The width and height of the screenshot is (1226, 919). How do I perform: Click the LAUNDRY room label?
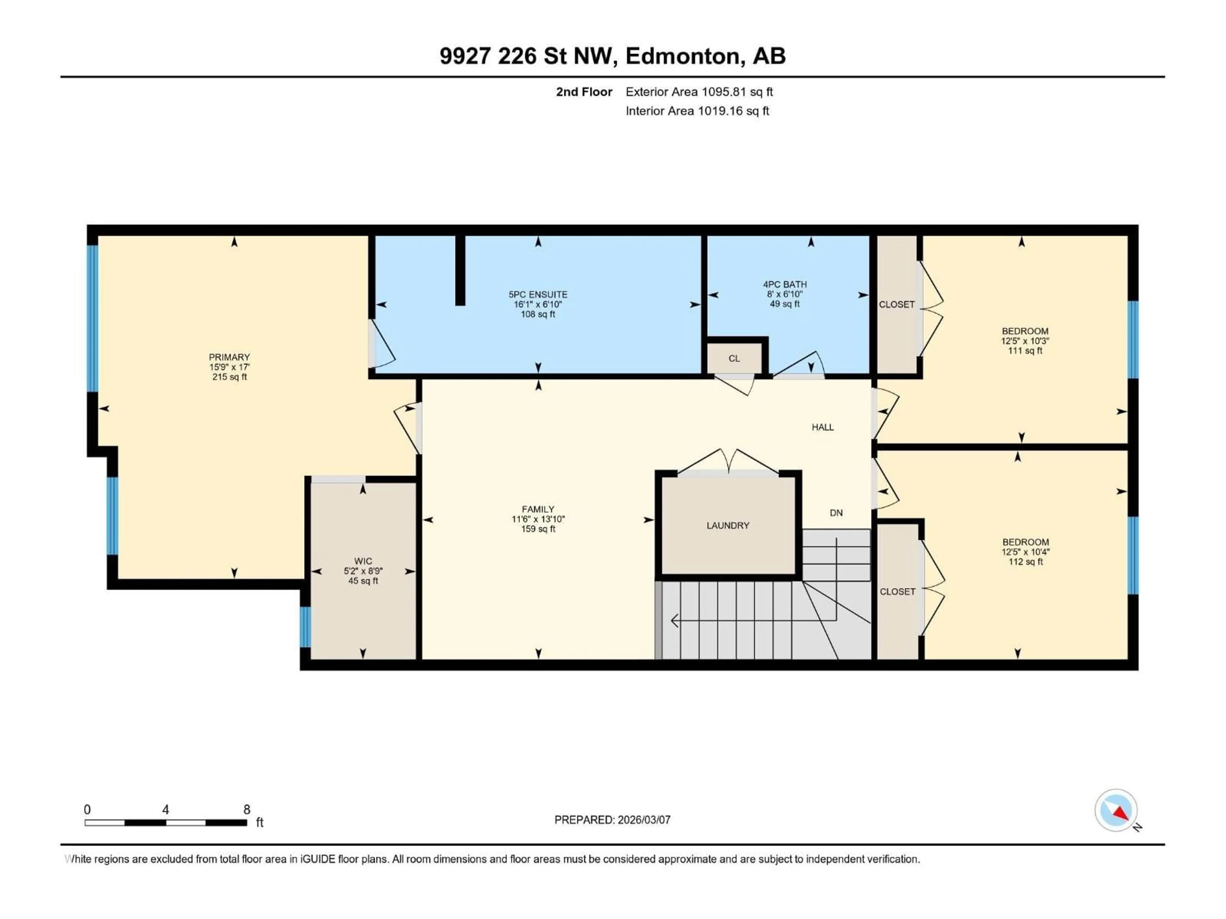[728, 525]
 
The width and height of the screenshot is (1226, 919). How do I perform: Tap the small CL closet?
[734, 358]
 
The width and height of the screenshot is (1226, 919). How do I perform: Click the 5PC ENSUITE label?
[538, 295]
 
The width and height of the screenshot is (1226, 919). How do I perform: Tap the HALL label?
[822, 427]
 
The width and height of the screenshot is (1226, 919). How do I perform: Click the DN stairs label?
[836, 513]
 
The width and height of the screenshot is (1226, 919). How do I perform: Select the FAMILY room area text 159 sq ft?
[538, 529]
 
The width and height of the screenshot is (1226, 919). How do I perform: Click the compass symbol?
[1116, 811]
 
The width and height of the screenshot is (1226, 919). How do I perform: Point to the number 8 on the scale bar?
[247, 809]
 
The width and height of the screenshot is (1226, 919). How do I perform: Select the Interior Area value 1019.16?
[719, 111]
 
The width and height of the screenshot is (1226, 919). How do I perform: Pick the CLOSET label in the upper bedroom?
[896, 305]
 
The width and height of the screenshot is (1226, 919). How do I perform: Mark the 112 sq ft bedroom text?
[1025, 562]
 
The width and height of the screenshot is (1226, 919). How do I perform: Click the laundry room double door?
[728, 463]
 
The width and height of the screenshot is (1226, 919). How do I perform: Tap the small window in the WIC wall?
[305, 627]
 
